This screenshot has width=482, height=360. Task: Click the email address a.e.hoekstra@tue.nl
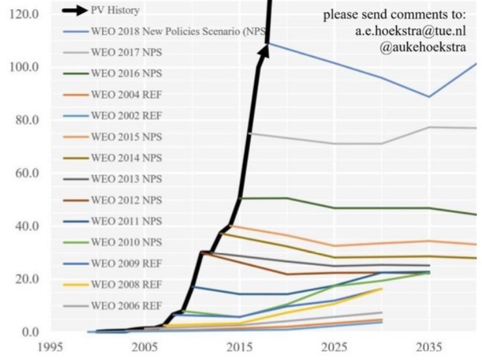[x=407, y=32]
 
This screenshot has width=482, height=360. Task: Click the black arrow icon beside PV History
[x=77, y=11]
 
